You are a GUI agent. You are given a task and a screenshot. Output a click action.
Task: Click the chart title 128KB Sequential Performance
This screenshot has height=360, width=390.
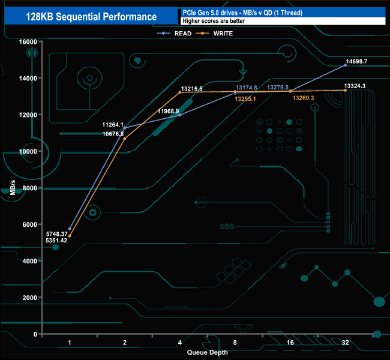coord(91,17)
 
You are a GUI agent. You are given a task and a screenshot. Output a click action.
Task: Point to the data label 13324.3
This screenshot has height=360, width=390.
coord(355,86)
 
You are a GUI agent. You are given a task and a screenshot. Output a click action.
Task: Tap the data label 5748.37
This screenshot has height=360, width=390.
coord(56,233)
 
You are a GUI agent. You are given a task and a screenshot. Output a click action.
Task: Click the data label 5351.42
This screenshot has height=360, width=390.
coord(56,241)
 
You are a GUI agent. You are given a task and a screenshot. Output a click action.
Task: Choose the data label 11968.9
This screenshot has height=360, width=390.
coord(169,112)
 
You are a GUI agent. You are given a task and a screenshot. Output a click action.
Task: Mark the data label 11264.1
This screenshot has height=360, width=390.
coord(113,125)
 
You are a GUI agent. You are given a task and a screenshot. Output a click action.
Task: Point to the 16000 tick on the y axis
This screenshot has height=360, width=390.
coord(28,41)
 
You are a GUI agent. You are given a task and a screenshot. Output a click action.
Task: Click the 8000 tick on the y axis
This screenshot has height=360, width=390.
coord(30,188)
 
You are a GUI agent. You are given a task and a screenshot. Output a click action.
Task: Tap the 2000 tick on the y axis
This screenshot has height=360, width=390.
coord(30,298)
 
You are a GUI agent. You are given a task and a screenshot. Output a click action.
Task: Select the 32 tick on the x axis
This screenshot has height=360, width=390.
coord(346,343)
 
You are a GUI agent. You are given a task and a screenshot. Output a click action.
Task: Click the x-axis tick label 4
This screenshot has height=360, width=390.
coord(180,343)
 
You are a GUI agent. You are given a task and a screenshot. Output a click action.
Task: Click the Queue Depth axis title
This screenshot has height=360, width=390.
coord(207,352)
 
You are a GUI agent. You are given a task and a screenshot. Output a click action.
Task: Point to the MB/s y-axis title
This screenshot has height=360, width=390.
coord(13,187)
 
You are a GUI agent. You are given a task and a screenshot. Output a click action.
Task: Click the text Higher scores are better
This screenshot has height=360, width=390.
coord(213,21)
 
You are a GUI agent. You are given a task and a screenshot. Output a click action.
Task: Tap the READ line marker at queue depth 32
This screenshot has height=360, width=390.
coord(346,65)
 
